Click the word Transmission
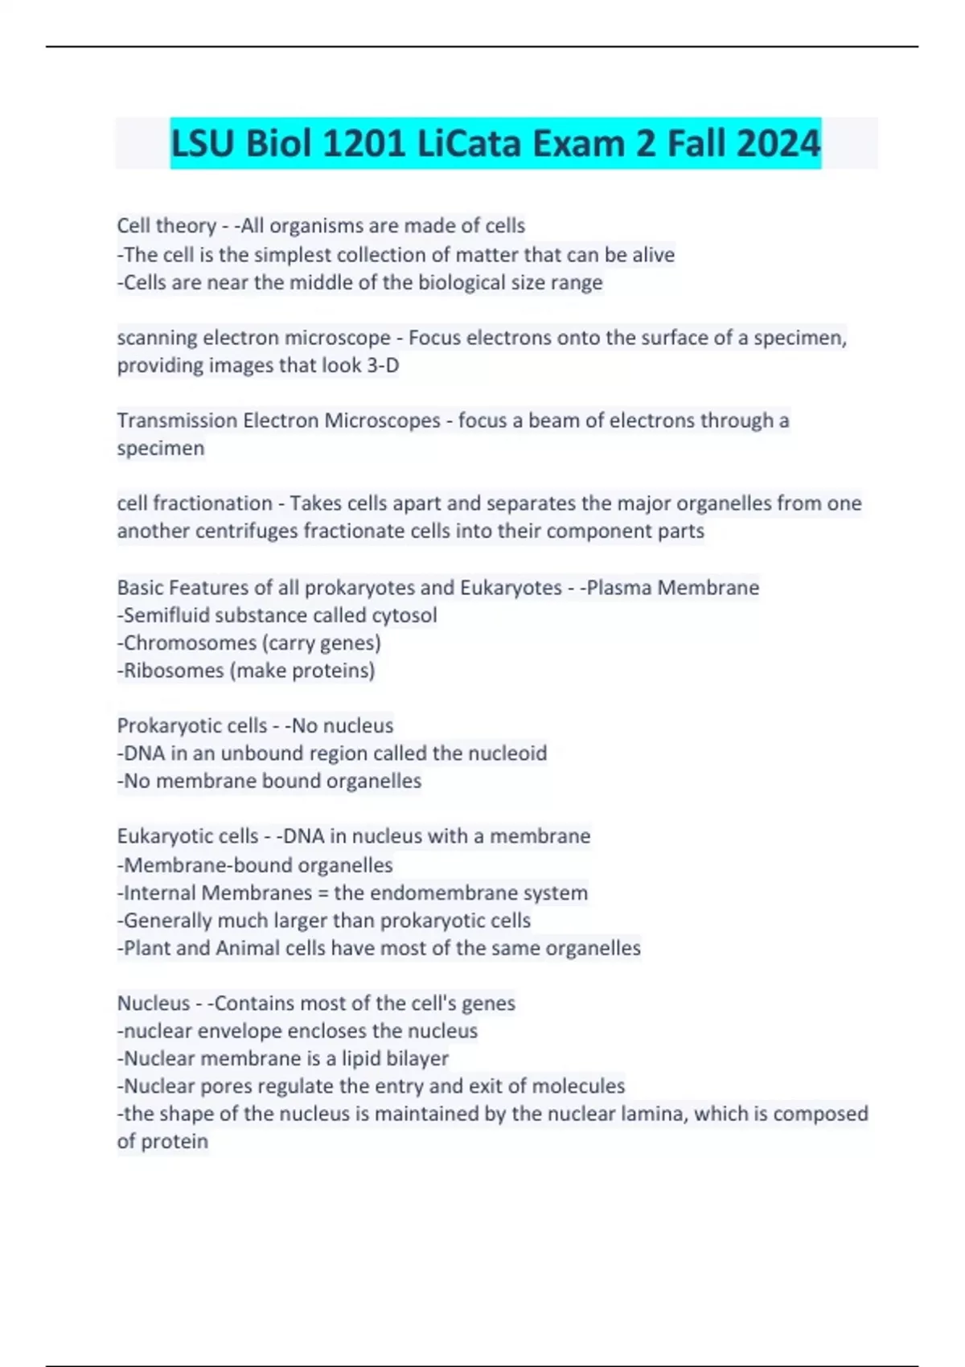click(x=177, y=421)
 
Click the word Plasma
click(x=619, y=588)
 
